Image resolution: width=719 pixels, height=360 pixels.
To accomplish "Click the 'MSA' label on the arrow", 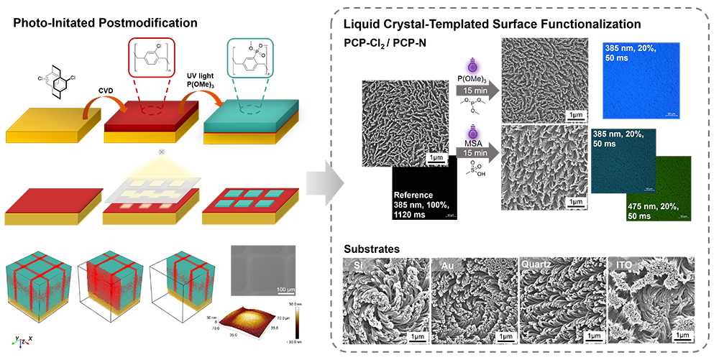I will tap(475, 142).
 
